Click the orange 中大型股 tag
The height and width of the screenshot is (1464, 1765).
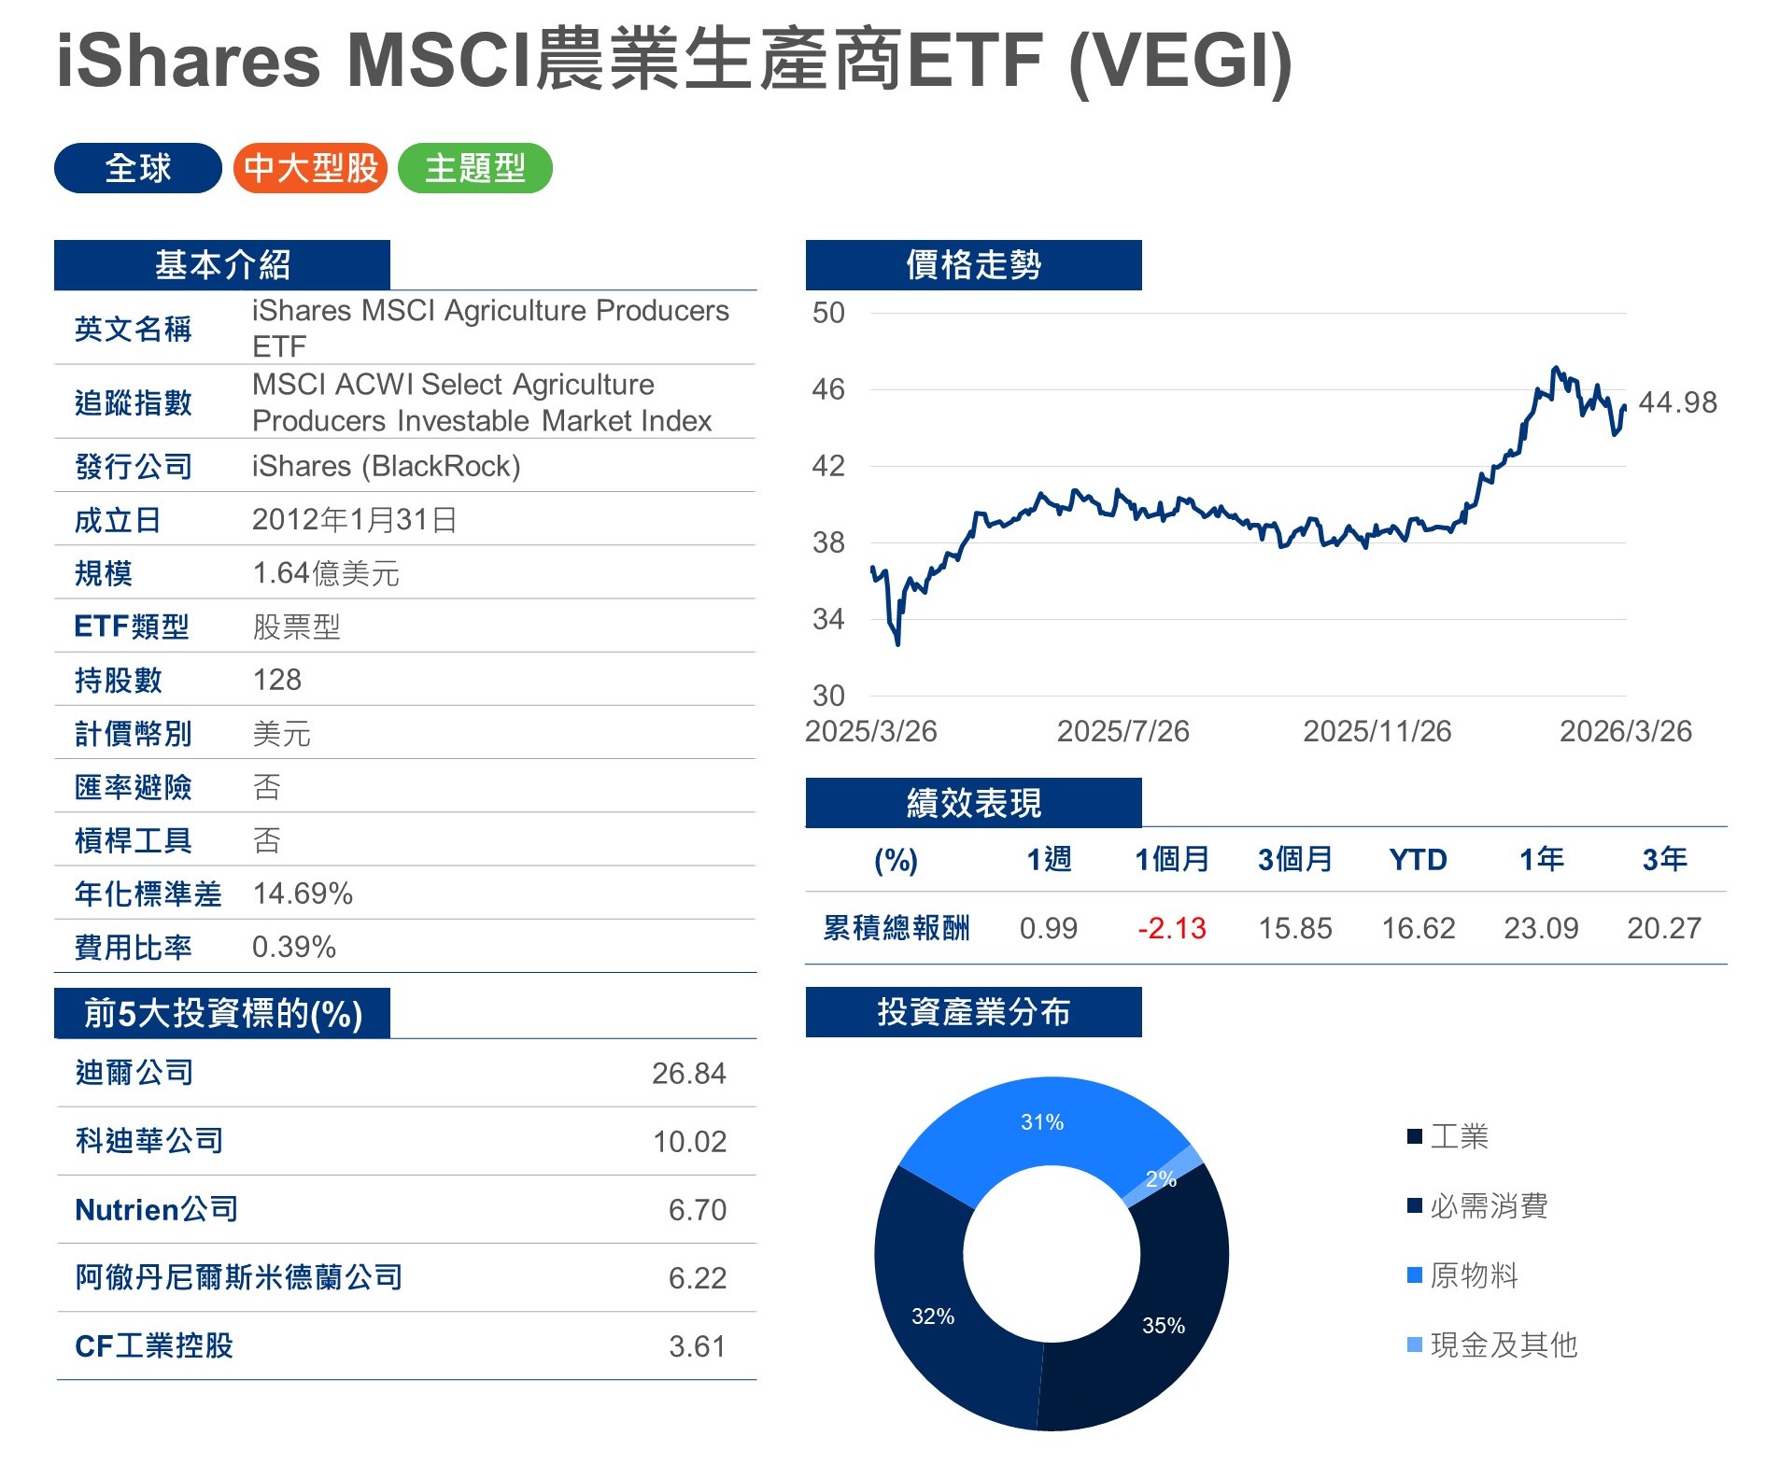tap(310, 169)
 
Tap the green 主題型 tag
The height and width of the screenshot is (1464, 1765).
tap(475, 169)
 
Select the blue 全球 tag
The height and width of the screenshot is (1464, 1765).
tap(138, 169)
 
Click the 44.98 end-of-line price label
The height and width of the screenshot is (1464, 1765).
tap(1677, 402)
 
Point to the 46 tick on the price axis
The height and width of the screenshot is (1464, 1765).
tap(828, 389)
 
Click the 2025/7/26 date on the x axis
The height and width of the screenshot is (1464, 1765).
tap(1123, 731)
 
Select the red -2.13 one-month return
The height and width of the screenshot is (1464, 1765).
tap(1171, 928)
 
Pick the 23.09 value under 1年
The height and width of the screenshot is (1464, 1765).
tap(1541, 928)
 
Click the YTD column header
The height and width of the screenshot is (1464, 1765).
tap(1418, 860)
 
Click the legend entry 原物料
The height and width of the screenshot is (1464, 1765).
tap(1473, 1275)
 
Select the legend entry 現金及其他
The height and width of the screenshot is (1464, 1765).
tap(1503, 1345)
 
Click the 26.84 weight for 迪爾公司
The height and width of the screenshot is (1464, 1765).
tap(688, 1074)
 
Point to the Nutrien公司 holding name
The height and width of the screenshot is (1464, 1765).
tap(157, 1210)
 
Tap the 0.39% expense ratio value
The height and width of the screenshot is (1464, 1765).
tap(294, 947)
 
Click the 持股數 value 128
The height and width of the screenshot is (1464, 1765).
tap(277, 680)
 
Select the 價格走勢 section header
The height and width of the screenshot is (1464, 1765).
tap(973, 265)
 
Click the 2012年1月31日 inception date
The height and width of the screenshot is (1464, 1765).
tap(355, 519)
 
